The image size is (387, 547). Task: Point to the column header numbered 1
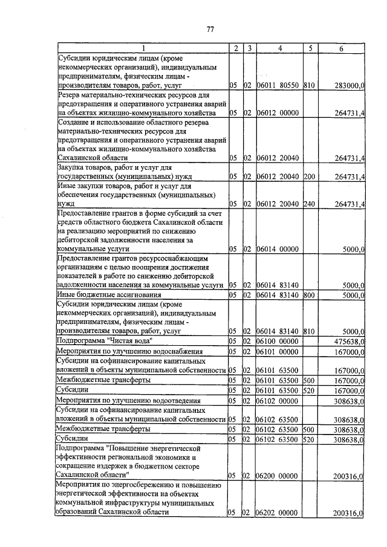[x=143, y=48]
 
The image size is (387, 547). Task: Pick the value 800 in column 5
[x=309, y=295]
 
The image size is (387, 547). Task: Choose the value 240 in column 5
[x=309, y=204]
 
